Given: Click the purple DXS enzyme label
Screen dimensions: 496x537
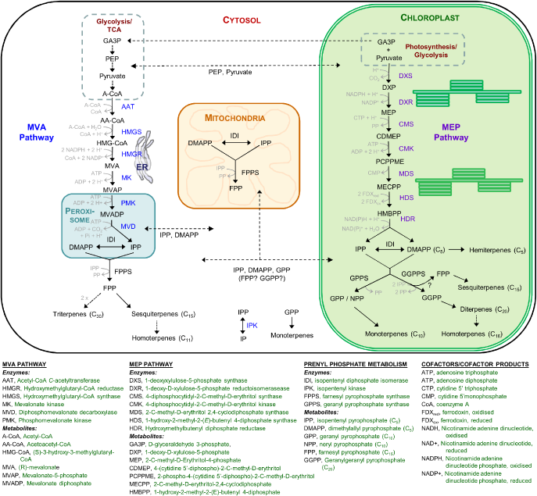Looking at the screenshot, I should point(406,77).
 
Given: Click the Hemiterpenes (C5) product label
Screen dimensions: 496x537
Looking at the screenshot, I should point(493,248).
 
